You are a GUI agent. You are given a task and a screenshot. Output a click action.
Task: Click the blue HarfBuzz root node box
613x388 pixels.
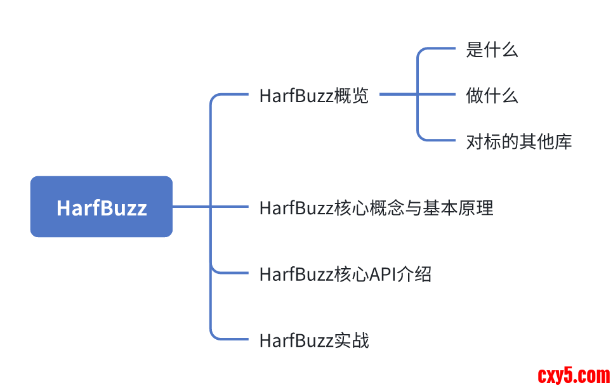[x=102, y=207]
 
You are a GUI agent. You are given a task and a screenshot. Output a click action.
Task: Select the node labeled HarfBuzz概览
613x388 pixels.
[x=313, y=96]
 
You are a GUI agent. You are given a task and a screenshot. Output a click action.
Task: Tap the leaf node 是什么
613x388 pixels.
[x=492, y=50]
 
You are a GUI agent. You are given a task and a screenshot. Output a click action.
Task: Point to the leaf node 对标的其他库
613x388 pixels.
[x=518, y=141]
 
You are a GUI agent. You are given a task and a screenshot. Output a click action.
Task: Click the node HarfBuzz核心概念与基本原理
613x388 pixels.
[x=376, y=207]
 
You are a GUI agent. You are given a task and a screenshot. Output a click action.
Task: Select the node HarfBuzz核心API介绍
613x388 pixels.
[x=345, y=274]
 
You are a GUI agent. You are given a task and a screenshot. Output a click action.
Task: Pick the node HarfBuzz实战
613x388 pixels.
[x=313, y=340]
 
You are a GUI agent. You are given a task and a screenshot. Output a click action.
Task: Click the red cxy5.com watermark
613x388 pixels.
[x=574, y=375]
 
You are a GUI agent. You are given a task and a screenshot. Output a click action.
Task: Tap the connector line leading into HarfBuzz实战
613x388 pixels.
[x=232, y=339]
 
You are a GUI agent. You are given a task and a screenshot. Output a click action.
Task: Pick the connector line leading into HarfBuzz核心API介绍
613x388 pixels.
[x=232, y=273]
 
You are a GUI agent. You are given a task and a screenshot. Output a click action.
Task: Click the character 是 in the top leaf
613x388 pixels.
[x=475, y=50]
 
